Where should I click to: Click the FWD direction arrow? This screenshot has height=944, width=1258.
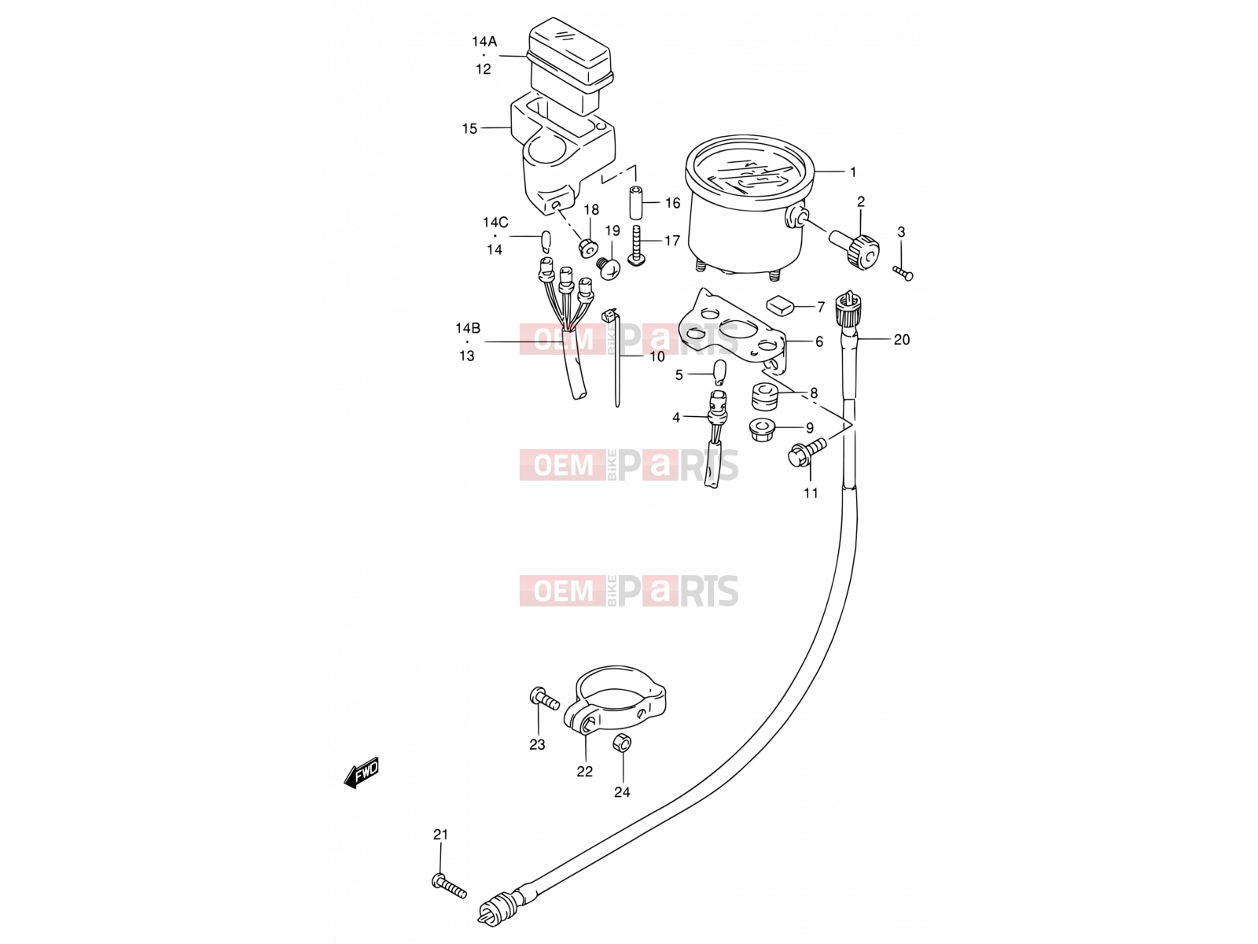[x=361, y=773]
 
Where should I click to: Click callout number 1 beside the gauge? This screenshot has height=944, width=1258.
[x=853, y=171]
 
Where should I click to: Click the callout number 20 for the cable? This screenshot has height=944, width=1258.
[x=902, y=340]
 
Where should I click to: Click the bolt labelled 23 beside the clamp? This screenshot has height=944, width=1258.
[x=544, y=699]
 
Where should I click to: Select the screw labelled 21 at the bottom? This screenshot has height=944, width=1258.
[x=449, y=902]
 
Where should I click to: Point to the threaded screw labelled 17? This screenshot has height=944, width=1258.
[x=637, y=245]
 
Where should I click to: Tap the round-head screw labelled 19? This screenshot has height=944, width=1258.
[x=609, y=267]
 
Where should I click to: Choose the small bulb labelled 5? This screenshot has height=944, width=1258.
[x=719, y=371]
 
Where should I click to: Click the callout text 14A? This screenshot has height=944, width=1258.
[x=484, y=41]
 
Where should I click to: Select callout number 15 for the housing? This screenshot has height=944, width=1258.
[x=469, y=128]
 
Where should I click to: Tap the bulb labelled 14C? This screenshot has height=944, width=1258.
[x=145, y=242]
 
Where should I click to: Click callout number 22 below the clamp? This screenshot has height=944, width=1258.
[x=585, y=772]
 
